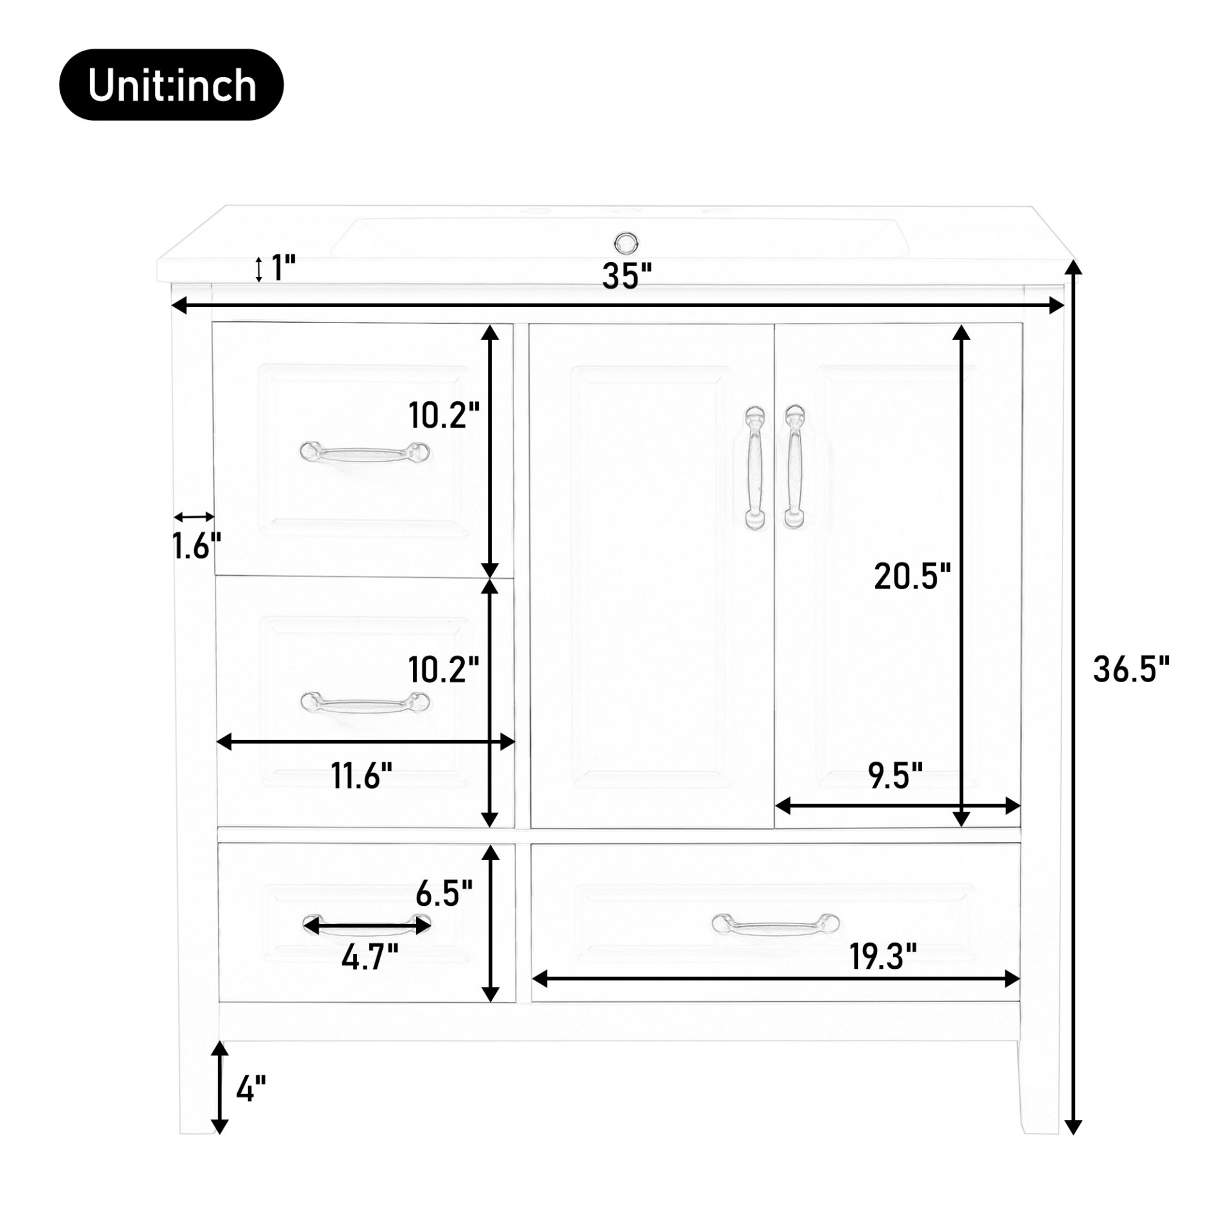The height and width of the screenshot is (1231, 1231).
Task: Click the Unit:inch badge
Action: (171, 85)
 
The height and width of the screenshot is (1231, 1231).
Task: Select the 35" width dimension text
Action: (626, 276)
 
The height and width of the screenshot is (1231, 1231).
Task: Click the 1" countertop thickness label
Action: (282, 268)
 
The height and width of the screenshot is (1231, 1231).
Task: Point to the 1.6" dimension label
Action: (196, 547)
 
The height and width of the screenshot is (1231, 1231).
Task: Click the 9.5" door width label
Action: (896, 776)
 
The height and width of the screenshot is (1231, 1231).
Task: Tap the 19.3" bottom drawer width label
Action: (883, 958)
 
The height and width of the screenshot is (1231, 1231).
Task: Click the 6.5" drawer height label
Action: (444, 892)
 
